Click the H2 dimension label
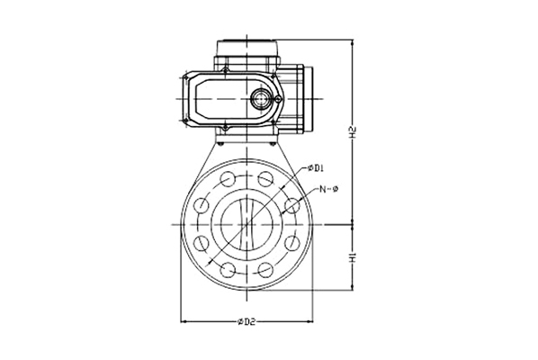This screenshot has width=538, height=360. pos(353,133)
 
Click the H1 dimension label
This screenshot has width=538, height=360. pos(353,257)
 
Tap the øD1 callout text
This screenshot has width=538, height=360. pos(316,167)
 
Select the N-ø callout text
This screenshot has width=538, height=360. pos(328,188)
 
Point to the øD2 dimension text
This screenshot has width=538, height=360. pos(247,321)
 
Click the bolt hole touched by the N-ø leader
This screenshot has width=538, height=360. pos(292,205)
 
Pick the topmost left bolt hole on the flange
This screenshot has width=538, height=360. pos(227,179)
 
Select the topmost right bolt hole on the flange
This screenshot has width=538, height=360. pos(265,179)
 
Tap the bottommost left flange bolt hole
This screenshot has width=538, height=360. pos(227,270)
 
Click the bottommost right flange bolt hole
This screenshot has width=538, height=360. pos(265,270)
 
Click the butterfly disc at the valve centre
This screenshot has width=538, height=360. pos(247,224)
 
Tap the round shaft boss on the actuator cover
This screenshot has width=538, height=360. pos(260,99)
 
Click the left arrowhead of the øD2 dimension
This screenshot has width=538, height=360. pos(184,321)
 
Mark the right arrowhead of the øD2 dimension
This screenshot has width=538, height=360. pos(309,321)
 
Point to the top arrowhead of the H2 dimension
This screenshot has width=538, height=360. pos(353,42)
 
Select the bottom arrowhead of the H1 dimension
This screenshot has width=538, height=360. pos(353,287)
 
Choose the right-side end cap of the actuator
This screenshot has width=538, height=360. pos(308,99)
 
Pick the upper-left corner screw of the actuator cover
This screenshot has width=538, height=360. pos(185,78)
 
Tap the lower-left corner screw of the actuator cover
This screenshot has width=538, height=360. pos(185,120)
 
